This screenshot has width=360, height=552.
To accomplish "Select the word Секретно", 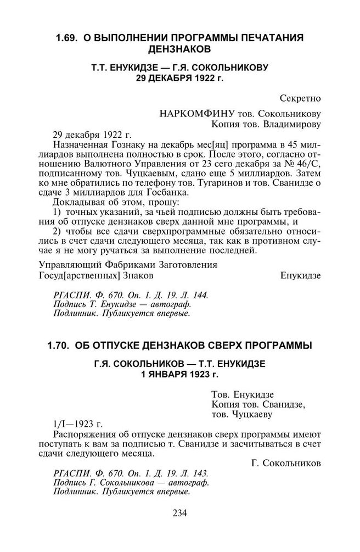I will pyautogui.click(x=300, y=99).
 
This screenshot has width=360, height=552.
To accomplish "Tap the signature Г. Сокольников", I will pyautogui.click(x=286, y=464).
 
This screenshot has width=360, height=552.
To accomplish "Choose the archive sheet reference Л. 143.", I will pyautogui.click(x=195, y=473).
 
